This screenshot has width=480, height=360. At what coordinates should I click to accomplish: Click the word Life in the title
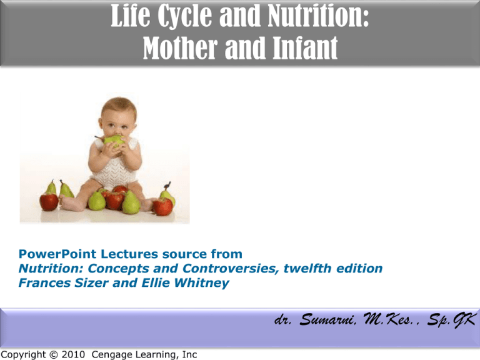131,15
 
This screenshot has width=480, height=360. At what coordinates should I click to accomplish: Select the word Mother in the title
180,47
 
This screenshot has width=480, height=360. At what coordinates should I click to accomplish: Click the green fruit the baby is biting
114,141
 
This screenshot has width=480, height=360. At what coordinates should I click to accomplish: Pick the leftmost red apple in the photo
49,202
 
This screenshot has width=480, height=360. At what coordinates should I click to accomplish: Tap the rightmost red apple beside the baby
162,206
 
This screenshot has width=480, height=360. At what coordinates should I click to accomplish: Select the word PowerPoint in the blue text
57,254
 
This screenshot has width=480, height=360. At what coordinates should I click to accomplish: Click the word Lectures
129,254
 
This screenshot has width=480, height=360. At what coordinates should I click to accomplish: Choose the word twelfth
307,269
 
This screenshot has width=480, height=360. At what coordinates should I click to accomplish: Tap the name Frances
44,282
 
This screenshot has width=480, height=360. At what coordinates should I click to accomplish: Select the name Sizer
91,282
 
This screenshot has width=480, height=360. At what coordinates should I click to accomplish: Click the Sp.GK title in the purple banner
451,320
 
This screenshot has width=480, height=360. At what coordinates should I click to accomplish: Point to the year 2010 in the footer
73,354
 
